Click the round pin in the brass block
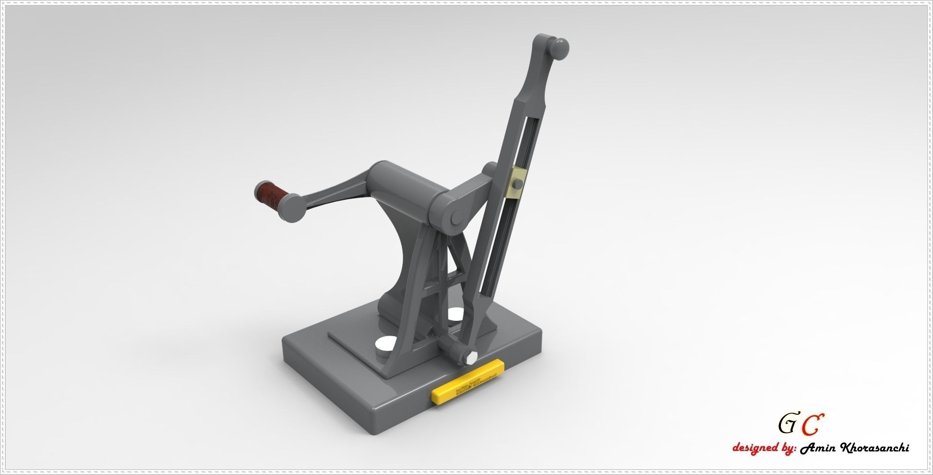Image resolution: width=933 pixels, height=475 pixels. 518,184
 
